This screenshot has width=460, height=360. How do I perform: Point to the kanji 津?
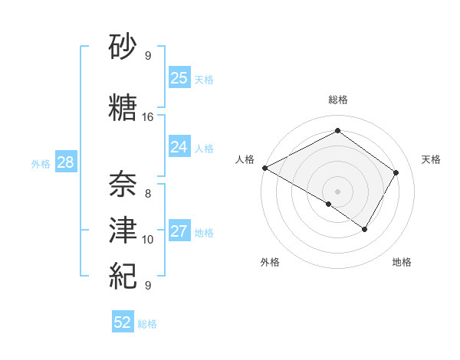tap(123, 229)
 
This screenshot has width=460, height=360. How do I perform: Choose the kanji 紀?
tap(123, 274)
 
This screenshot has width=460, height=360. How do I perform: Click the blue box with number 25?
tap(179, 78)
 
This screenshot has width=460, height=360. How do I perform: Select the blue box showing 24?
tap(179, 148)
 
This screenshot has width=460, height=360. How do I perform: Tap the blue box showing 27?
tap(179, 232)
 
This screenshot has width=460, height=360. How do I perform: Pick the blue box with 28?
tap(65, 162)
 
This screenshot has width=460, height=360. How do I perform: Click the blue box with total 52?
tap(123, 322)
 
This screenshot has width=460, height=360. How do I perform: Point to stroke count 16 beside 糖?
tap(148, 117)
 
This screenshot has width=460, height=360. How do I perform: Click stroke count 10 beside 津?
tap(148, 239)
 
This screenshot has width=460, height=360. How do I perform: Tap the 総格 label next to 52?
tap(147, 324)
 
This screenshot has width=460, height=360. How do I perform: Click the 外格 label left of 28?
tap(41, 163)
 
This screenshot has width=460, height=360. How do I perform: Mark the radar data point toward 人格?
tap(264, 168)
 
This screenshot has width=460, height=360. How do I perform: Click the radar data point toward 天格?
tap(396, 172)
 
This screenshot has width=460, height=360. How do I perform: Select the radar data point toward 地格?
tap(365, 229)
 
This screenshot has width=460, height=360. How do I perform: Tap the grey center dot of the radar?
tap(337, 191)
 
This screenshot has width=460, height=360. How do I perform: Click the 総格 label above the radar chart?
tap(337, 100)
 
